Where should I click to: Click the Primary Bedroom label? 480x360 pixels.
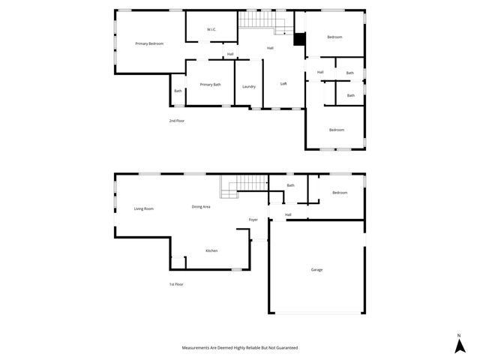(149, 44)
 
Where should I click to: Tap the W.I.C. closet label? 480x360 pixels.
(211, 30)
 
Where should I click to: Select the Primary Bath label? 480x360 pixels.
(210, 85)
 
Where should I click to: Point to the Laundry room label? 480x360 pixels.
(249, 87)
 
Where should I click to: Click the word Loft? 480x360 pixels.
(283, 84)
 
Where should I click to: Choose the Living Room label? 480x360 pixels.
(144, 208)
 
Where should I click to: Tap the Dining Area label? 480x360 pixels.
(201, 206)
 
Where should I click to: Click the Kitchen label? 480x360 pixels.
(211, 250)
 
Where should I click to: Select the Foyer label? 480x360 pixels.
(253, 220)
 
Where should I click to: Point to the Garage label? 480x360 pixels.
(317, 269)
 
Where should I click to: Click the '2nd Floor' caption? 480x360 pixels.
(176, 121)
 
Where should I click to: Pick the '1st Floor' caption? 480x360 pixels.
(176, 284)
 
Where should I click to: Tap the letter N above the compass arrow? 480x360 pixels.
(458, 334)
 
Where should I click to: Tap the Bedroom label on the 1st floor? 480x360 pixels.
(340, 193)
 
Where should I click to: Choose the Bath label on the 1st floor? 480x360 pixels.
(290, 185)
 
